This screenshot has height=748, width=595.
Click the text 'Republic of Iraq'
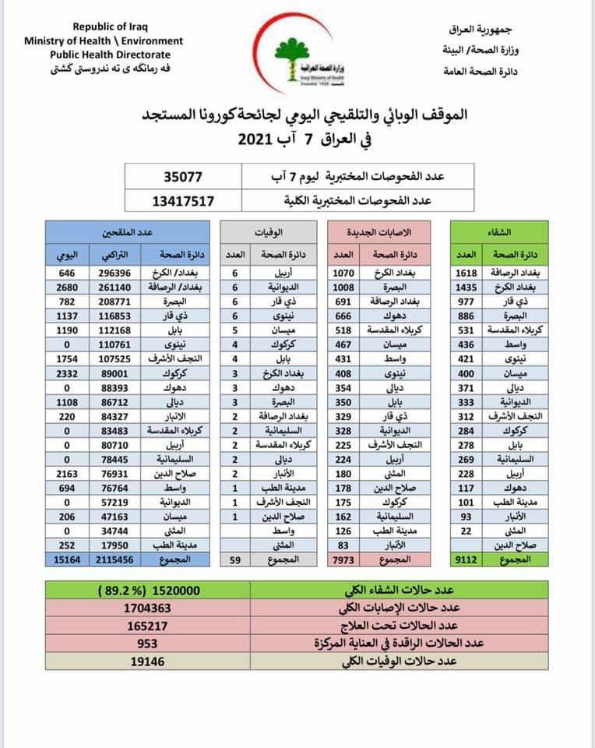pyautogui.click(x=103, y=26)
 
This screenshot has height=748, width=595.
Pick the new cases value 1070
pyautogui.click(x=343, y=273)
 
